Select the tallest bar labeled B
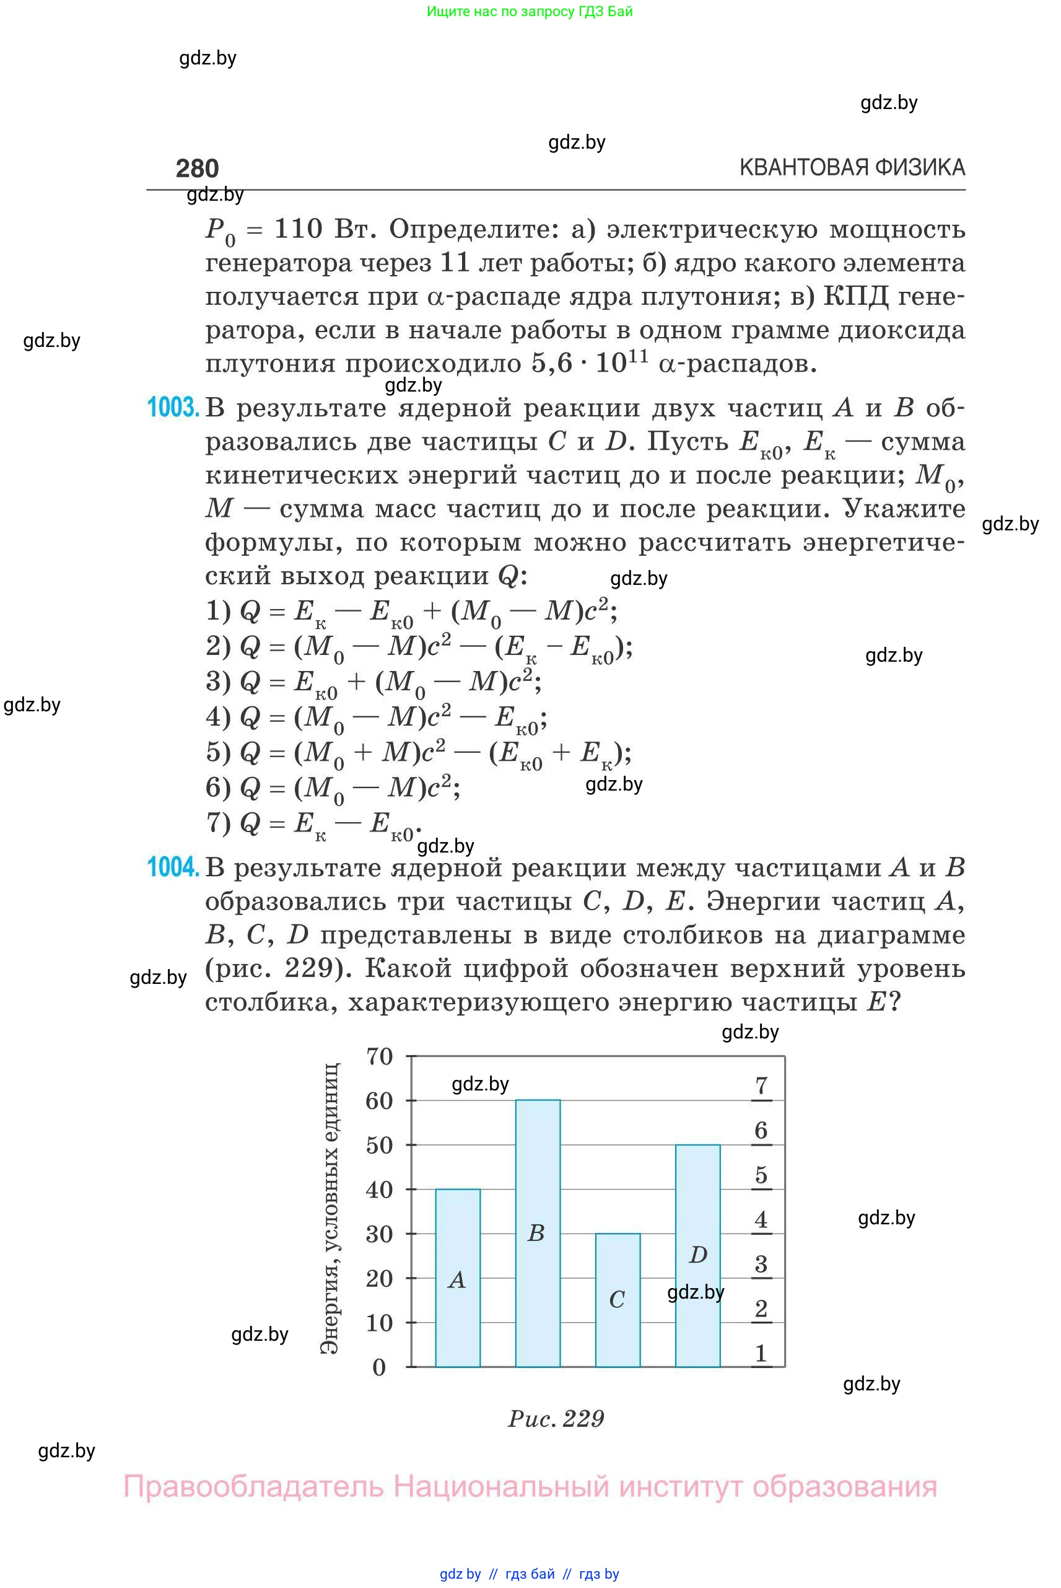point(537,1232)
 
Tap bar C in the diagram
point(617,1299)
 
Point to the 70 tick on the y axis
point(380,1056)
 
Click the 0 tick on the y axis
point(380,1367)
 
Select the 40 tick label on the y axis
point(380,1190)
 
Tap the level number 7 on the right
point(761,1086)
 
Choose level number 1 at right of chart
point(761,1354)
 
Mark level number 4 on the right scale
point(761,1220)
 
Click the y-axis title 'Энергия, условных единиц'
point(330,1210)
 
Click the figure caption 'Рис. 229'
point(556,1419)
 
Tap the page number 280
point(197,169)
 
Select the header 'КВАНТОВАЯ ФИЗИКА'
point(852,167)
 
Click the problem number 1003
point(173,408)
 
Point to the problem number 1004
point(173,867)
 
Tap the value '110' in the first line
point(299,229)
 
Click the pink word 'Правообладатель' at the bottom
point(253,1486)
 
